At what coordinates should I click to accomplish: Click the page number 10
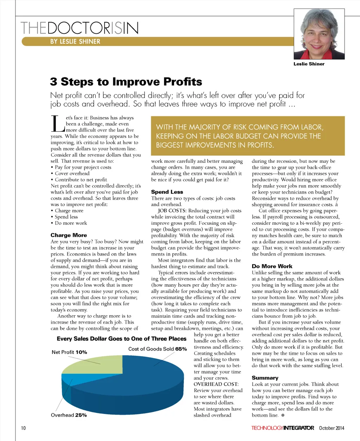click(x=23, y=428)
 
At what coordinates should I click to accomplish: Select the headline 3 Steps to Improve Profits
click(x=126, y=82)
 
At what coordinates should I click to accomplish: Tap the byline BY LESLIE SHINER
click(x=75, y=41)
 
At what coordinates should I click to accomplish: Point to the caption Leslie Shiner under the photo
click(x=309, y=64)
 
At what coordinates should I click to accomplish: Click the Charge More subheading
click(x=69, y=235)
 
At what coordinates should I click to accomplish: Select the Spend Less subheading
click(x=167, y=192)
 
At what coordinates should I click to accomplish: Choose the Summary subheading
click(x=265, y=378)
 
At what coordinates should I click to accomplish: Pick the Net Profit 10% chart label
click(x=69, y=352)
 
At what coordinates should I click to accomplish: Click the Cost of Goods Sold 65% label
click(x=157, y=349)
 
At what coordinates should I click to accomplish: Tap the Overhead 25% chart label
click(x=69, y=415)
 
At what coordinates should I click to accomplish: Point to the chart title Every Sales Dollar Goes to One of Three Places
click(x=121, y=339)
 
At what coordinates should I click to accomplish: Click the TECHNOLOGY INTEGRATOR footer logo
click(x=282, y=428)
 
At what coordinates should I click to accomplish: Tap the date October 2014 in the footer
click(x=332, y=428)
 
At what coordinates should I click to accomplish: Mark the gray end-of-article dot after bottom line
click(x=283, y=415)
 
